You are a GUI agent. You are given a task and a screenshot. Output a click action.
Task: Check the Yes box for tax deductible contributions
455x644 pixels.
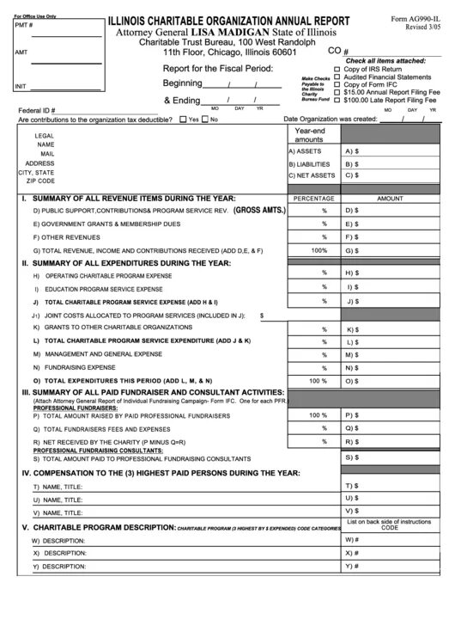point(183,120)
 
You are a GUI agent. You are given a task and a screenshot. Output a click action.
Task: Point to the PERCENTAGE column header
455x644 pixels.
point(313,198)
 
